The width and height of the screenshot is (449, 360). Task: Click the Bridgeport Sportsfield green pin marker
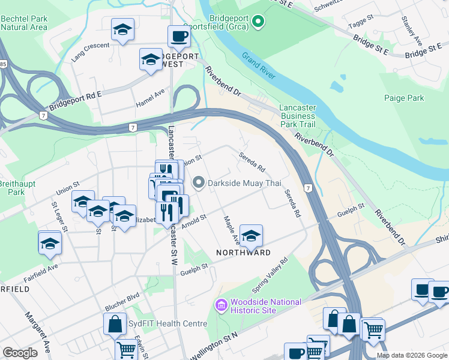pyautogui.click(x=258, y=22)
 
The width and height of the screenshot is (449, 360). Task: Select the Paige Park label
pyautogui.click(x=403, y=98)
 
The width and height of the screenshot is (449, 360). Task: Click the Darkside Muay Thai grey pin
pyautogui.click(x=199, y=182)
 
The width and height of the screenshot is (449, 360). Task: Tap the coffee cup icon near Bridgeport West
pyautogui.click(x=179, y=37)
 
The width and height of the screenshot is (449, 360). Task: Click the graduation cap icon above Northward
pyautogui.click(x=251, y=235)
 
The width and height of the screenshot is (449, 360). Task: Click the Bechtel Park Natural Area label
pyautogui.click(x=24, y=23)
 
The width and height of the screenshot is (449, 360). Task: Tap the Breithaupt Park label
pyautogui.click(x=13, y=187)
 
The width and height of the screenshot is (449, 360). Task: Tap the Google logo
pyautogui.click(x=20, y=352)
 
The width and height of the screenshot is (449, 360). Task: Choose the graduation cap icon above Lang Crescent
pyautogui.click(x=123, y=30)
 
